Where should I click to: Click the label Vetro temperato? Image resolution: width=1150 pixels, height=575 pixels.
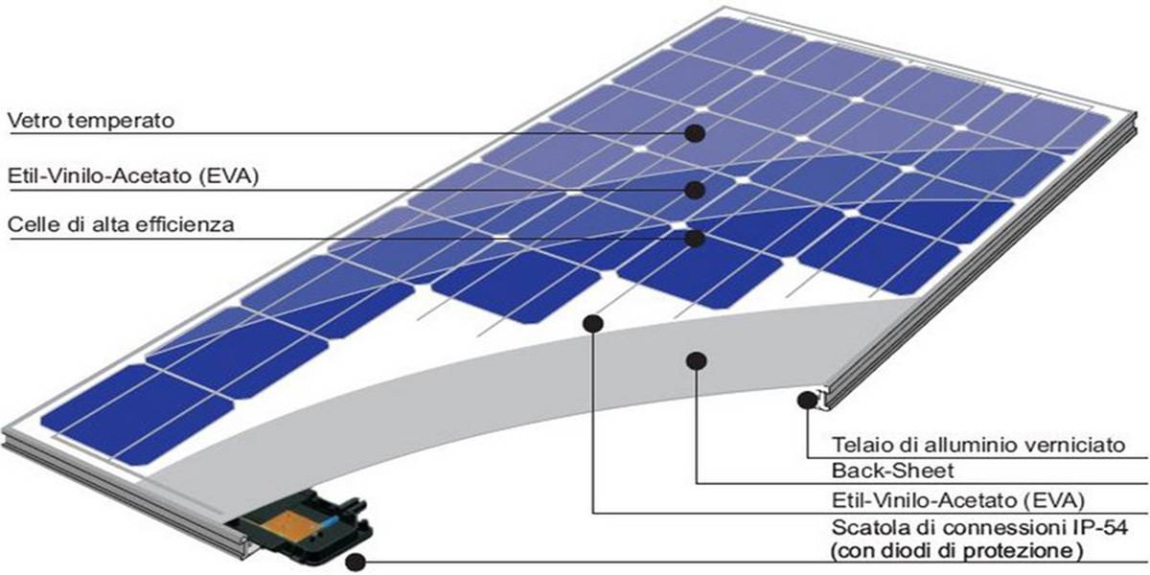click(91, 121)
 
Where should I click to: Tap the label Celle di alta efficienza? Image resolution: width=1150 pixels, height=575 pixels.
click(121, 225)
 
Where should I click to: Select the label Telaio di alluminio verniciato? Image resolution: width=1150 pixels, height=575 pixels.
click(978, 445)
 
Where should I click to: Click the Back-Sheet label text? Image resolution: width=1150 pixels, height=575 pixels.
click(892, 471)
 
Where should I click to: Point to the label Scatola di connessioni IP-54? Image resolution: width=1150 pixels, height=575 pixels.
click(979, 527)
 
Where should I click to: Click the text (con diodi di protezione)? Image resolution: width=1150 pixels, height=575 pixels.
click(957, 551)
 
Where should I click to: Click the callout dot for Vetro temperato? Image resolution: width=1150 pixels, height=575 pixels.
click(695, 133)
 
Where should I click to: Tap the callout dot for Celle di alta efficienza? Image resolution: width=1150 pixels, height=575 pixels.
click(695, 239)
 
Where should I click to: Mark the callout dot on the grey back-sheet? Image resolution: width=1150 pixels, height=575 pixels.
click(696, 361)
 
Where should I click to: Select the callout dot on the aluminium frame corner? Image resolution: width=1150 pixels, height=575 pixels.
click(808, 400)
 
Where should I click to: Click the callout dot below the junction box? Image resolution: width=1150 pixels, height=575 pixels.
click(356, 563)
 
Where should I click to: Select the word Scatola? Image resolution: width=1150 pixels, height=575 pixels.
click(867, 527)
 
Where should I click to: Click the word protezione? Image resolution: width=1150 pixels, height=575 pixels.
click(1023, 552)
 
